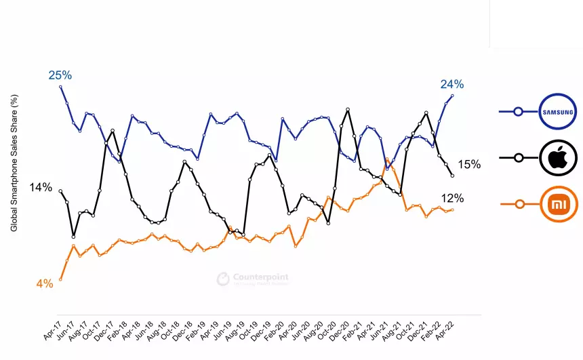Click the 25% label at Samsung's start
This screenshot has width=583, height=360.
tap(60, 75)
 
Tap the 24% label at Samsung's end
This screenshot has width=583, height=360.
tap(452, 84)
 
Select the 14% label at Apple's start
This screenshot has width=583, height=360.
tap(41, 187)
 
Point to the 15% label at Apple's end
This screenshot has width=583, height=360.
tap(469, 164)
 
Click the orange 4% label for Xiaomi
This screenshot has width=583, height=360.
tap(45, 284)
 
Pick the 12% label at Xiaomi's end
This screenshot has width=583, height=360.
tap(452, 199)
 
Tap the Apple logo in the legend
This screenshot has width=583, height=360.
tap(558, 158)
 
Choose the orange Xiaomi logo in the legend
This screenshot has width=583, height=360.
tap(558, 203)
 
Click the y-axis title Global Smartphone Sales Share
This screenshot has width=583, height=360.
tap(14, 163)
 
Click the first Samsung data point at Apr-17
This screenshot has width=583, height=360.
tap(61, 87)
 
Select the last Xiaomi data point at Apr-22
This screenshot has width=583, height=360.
tap(452, 209)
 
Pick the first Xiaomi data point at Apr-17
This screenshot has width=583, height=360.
tap(61, 279)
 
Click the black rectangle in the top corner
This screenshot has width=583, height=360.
tap(536, 22)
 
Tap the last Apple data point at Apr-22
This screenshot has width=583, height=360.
tap(452, 176)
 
